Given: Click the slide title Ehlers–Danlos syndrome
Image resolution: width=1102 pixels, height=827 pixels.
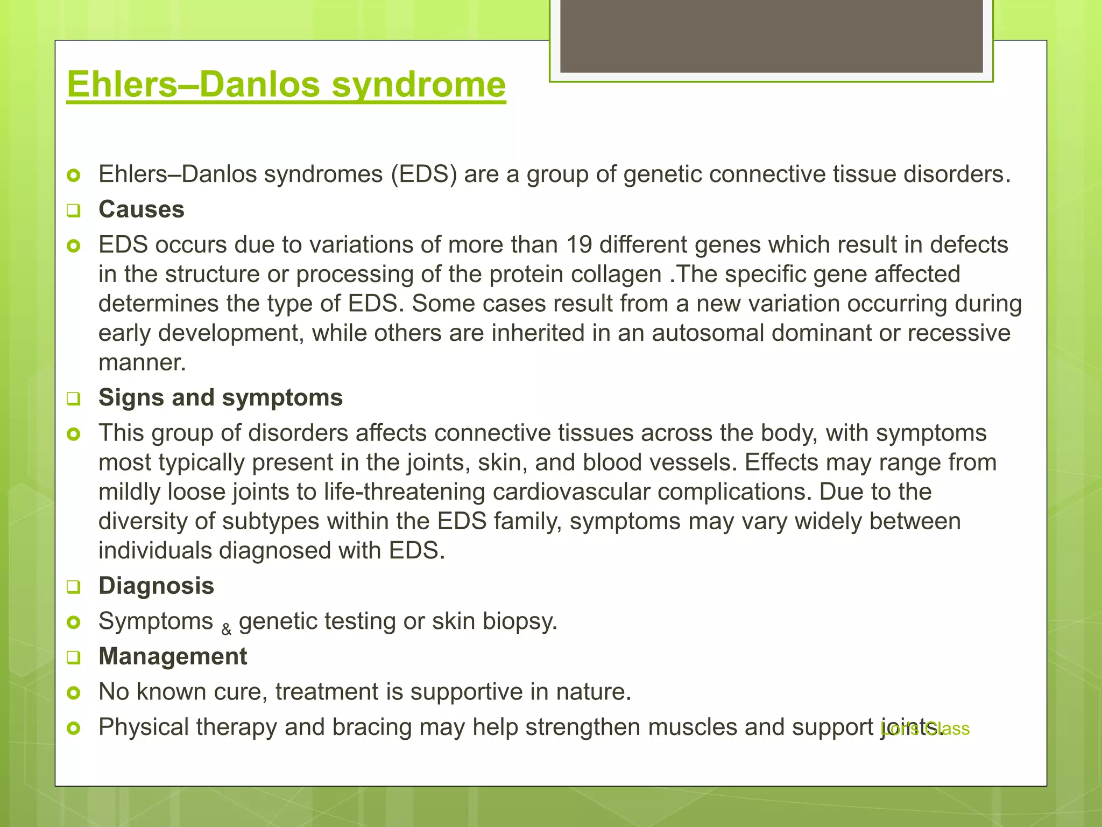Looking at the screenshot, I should click(x=286, y=85).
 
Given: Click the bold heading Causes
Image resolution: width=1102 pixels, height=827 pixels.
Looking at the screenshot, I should click(x=141, y=209).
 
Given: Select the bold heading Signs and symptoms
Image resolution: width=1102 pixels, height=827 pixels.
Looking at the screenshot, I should click(x=220, y=398).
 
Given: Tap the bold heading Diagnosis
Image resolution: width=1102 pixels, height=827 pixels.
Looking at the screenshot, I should click(x=156, y=586).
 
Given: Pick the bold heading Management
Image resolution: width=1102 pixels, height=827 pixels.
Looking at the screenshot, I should click(x=173, y=656).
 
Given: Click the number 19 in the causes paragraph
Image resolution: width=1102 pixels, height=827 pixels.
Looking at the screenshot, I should click(x=579, y=245).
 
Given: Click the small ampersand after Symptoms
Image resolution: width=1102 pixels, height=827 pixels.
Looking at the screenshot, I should click(x=227, y=628).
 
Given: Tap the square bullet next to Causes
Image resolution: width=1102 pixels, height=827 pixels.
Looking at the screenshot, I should click(x=74, y=211).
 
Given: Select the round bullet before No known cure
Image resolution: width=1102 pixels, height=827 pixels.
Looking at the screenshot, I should click(x=74, y=692).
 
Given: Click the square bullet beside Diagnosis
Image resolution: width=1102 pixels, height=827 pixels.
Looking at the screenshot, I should click(x=74, y=587).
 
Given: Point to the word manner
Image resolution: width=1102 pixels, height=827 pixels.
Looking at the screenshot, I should click(x=142, y=363).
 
